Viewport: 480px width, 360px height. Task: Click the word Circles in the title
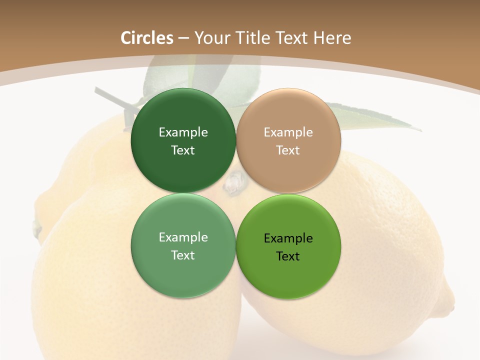[x=147, y=38]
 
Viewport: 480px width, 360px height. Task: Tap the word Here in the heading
[x=332, y=38]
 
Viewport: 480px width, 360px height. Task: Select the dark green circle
[x=183, y=140]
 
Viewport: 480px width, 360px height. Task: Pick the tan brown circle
[x=288, y=140]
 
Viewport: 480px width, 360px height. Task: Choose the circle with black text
[x=288, y=246]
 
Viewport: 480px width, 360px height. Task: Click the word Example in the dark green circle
[x=183, y=132]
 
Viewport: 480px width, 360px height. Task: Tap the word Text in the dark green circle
[x=183, y=150]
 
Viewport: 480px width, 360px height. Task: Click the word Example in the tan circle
[x=288, y=132]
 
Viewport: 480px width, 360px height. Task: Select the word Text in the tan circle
[x=288, y=150]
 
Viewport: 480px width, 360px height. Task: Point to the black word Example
[x=288, y=238]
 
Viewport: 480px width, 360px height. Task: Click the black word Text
[x=288, y=256]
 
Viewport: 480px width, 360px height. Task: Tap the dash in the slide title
[x=183, y=38]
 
